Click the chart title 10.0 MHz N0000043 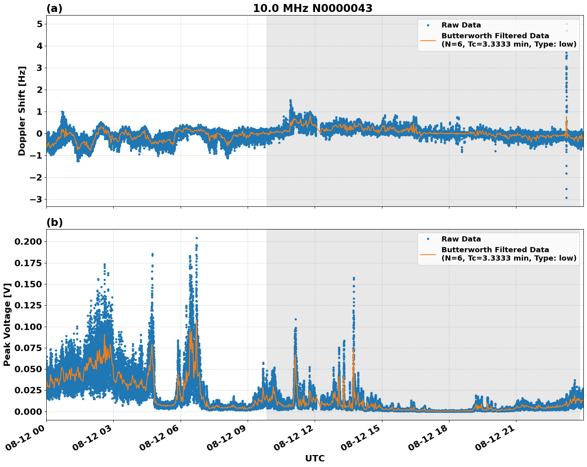(312, 8)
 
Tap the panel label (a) (54, 8)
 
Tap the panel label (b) (54, 222)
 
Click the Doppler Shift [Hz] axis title (22, 111)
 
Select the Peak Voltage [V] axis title (7, 325)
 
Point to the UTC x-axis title (315, 458)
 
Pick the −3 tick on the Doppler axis (36, 199)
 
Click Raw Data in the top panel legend (461, 25)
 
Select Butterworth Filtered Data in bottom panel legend (495, 250)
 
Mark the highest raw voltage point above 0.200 (197, 238)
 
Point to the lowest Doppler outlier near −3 (566, 198)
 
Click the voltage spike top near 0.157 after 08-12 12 (353, 278)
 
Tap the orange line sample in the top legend (428, 40)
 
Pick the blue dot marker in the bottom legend (428, 239)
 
